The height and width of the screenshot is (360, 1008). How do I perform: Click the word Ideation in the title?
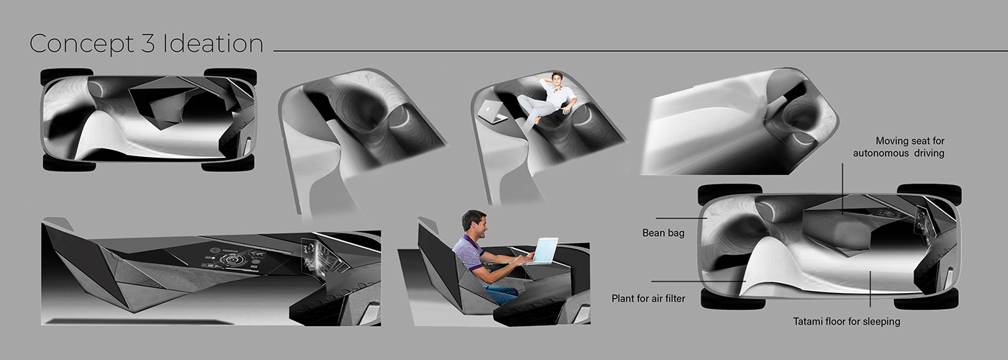point(213,44)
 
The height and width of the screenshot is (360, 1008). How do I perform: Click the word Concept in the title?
point(81,45)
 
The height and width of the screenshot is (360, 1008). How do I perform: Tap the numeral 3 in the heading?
point(148,44)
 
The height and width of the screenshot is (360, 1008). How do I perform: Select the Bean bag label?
point(663,233)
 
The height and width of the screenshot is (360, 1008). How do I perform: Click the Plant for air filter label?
point(649,298)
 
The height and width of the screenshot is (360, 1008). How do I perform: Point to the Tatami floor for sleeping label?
point(847,322)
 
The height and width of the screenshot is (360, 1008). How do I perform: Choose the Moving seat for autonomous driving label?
point(899,147)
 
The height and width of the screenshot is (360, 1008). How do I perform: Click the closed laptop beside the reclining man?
point(492,112)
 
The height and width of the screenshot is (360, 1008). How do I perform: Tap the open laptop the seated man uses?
point(543,251)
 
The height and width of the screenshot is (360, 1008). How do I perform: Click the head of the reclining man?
point(557,80)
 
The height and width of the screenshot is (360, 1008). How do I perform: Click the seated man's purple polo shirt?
point(468,253)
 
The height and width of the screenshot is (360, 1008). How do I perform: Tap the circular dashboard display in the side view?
point(232,259)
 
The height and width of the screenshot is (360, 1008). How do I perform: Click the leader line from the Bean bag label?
point(681,218)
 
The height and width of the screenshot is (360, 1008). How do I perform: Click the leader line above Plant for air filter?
point(698,282)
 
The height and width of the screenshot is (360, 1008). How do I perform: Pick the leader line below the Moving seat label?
point(843,189)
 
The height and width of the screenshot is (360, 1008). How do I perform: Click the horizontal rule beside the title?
point(640,51)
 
